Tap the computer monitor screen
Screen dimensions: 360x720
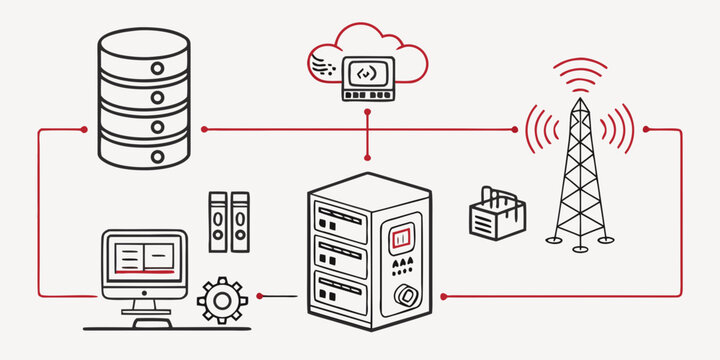144,257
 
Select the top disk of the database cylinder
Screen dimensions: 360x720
144,45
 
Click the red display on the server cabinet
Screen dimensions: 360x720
401,238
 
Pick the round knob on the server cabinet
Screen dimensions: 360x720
406,297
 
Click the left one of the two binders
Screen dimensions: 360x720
217,222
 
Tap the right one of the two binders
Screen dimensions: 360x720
240,222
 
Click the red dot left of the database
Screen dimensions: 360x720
84,129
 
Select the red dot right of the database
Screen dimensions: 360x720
204,129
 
